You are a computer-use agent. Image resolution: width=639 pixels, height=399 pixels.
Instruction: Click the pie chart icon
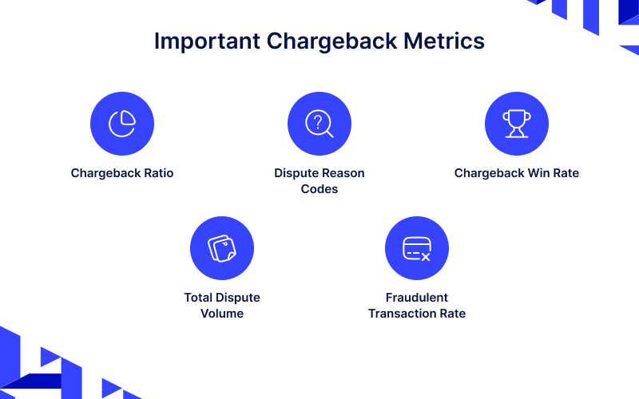tap(122, 123)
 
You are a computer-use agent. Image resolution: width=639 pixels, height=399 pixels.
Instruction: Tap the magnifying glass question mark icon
tap(319, 123)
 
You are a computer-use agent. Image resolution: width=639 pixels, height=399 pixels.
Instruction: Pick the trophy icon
tap(516, 123)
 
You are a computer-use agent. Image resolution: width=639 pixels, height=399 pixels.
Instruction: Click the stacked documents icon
tap(222, 248)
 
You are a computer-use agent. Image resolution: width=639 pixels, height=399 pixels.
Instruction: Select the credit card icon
tap(417, 248)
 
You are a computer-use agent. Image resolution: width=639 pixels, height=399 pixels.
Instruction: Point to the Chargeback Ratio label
tap(122, 173)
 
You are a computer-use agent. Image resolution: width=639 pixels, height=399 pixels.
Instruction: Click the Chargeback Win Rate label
tap(516, 173)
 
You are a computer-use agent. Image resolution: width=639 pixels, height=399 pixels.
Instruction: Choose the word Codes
tap(319, 189)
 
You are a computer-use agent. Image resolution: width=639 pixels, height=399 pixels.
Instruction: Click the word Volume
tap(222, 314)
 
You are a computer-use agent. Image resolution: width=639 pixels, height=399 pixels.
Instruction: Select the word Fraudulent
tap(417, 298)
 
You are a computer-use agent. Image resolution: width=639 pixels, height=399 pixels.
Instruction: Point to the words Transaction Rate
tap(417, 314)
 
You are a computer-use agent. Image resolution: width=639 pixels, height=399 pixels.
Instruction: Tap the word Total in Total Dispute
tap(198, 298)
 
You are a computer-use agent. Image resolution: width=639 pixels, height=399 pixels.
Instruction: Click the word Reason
tap(343, 173)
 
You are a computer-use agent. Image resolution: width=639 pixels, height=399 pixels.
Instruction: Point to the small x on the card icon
tap(426, 257)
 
